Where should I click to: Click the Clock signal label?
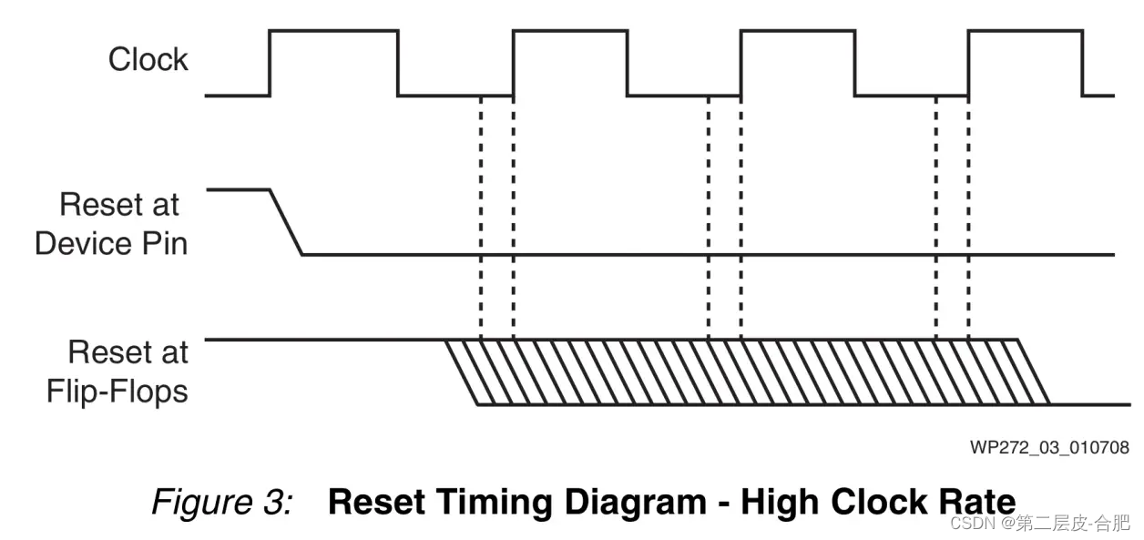coord(148,60)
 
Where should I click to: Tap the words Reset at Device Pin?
coord(112,224)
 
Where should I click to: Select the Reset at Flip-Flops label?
coord(118,372)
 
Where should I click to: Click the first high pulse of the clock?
coord(333,32)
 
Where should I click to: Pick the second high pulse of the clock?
coord(571,32)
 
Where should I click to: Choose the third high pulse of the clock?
coord(798,32)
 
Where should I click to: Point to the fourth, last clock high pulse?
coord(1025,32)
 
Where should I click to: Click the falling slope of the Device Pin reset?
coord(287,222)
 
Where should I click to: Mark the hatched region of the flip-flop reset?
coord(747,372)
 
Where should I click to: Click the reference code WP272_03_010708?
coord(1049,447)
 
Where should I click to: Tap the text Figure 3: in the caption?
coord(221,503)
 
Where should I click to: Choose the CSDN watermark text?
coord(1039,523)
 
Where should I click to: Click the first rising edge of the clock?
coord(270,63)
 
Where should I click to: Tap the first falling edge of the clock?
coord(398,63)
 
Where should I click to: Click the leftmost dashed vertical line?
coord(480,219)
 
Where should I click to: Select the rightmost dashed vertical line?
coord(968,219)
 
